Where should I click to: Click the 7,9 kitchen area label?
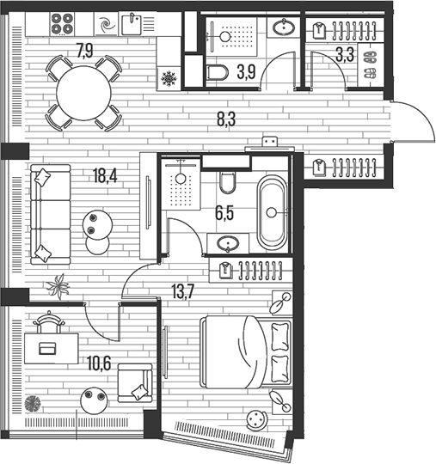[x=85, y=51]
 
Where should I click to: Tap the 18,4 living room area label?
[x=105, y=175]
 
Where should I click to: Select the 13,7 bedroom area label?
[x=183, y=292]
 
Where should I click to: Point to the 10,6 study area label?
[x=99, y=363]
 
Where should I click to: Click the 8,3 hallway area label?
[x=226, y=119]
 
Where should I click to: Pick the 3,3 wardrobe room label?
[x=345, y=55]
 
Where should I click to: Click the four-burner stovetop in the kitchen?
[x=62, y=24]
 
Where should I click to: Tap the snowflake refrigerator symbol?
[x=169, y=78]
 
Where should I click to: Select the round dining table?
[x=83, y=93]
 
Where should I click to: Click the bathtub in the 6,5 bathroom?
[x=272, y=212]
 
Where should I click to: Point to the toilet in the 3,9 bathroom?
[x=217, y=72]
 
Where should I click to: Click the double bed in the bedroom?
[x=246, y=351]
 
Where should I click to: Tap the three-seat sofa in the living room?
[x=51, y=214]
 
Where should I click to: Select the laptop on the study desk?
[x=47, y=348]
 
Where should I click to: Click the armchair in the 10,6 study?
[x=135, y=383]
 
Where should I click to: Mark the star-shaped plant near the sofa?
[x=58, y=286]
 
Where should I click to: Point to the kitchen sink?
[x=132, y=24]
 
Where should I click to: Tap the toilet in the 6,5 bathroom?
[x=228, y=182]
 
